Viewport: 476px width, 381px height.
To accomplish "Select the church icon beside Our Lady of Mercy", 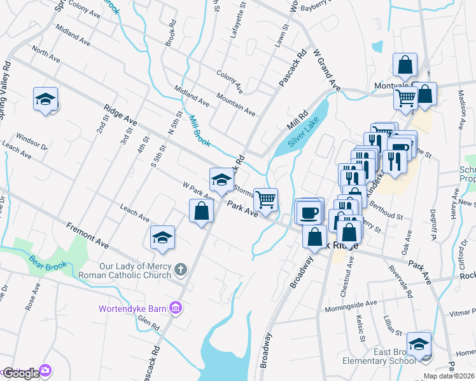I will (180, 271).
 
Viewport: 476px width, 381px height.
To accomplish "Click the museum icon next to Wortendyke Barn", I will (177, 309).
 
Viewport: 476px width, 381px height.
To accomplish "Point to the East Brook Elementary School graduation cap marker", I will (419, 345).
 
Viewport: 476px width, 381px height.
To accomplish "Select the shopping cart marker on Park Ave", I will (265, 199).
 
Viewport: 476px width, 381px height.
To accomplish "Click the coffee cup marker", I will (309, 211).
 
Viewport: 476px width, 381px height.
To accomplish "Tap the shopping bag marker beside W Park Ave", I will (201, 211).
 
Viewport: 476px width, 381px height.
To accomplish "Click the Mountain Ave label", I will (235, 104).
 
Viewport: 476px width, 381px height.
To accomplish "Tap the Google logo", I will (20, 373).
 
